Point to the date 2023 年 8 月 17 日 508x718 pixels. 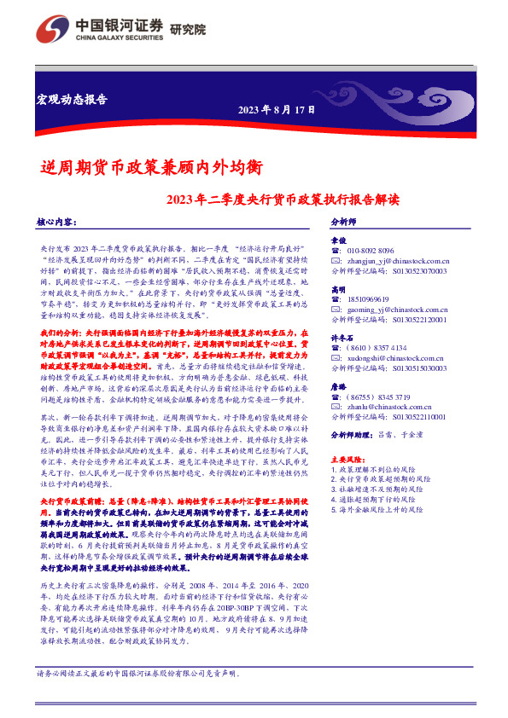276,109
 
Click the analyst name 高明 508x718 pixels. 338,290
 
